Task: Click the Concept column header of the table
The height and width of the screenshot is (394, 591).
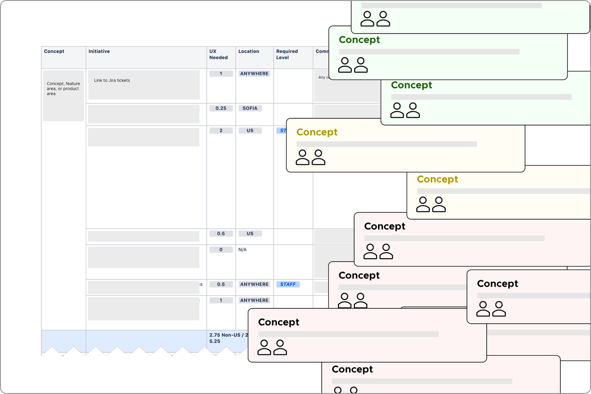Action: [x=54, y=51]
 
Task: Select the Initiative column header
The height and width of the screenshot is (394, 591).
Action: [x=99, y=51]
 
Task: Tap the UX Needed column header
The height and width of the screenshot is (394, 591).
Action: [x=218, y=54]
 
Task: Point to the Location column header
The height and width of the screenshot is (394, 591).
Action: [x=249, y=51]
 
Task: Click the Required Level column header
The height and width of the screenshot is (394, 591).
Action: [x=287, y=54]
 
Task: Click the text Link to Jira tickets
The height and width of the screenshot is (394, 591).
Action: [x=112, y=80]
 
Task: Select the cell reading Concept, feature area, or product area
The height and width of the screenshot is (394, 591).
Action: [x=63, y=89]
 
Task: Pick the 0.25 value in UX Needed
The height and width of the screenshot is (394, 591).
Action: [x=221, y=108]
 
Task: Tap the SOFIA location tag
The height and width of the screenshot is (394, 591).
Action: [x=250, y=108]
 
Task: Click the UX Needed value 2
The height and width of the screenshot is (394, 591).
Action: [x=221, y=130]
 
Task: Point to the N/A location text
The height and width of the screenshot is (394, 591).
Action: [x=243, y=250]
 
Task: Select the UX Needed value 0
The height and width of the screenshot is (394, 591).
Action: [x=221, y=250]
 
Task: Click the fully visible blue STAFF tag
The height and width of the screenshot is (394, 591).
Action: [x=288, y=284]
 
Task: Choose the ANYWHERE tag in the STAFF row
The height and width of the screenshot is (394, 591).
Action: [x=254, y=284]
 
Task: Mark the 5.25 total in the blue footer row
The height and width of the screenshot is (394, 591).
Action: [x=215, y=341]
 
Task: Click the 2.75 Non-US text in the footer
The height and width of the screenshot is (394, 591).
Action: [x=224, y=335]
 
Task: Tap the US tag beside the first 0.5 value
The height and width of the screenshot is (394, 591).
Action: [x=250, y=234]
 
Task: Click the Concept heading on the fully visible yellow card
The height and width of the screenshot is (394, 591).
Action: [x=317, y=132]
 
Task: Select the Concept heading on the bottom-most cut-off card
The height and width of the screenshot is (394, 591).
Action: [x=352, y=369]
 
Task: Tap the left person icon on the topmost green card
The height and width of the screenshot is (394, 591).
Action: [x=367, y=19]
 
